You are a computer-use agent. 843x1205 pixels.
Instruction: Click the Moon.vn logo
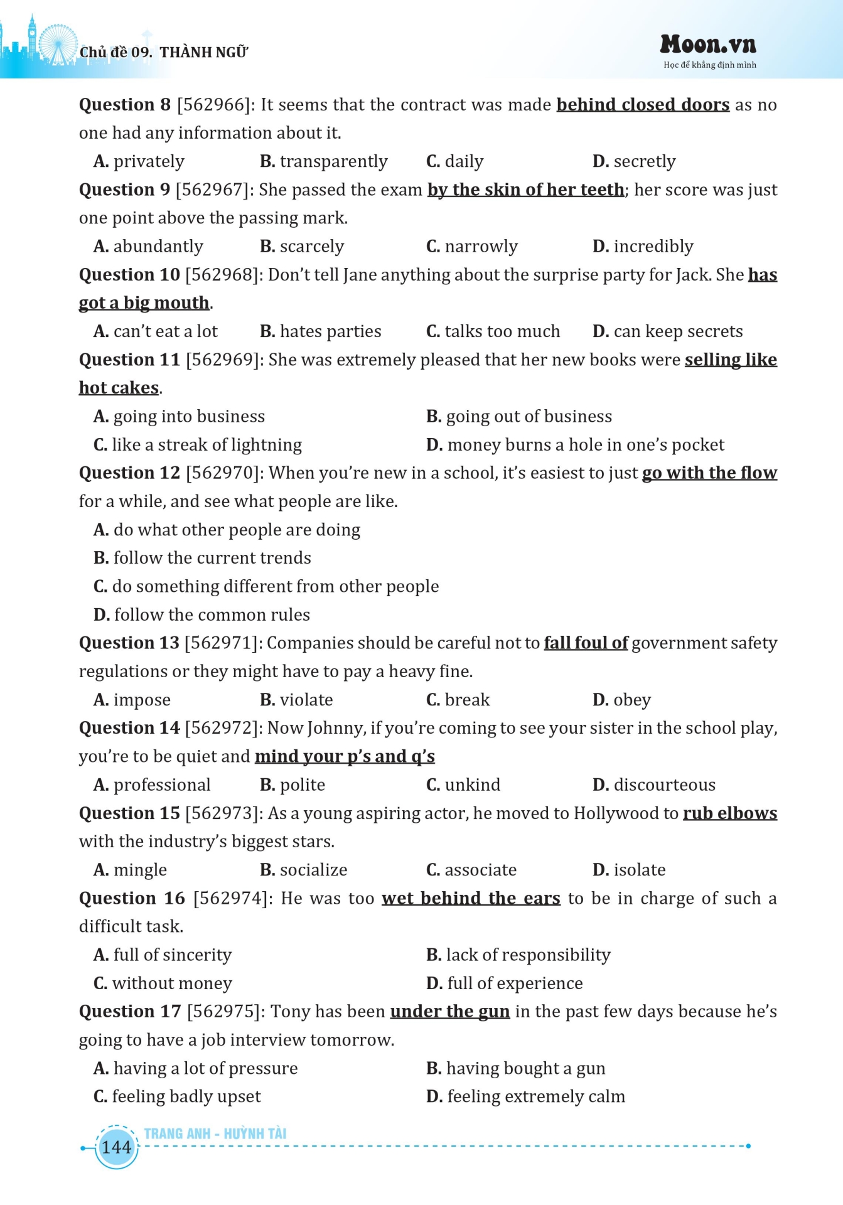pyautogui.click(x=708, y=45)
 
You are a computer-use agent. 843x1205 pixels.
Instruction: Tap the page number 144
pyautogui.click(x=116, y=1147)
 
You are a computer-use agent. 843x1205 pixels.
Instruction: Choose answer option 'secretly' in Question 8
pyautogui.click(x=644, y=161)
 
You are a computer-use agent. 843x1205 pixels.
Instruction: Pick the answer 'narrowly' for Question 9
pyautogui.click(x=481, y=246)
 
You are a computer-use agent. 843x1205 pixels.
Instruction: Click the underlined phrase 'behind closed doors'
pyautogui.click(x=643, y=105)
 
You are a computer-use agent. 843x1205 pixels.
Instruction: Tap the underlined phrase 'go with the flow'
pyautogui.click(x=709, y=473)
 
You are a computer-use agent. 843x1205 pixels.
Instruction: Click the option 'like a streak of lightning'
pyautogui.click(x=207, y=445)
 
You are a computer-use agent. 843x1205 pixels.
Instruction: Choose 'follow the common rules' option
pyautogui.click(x=212, y=614)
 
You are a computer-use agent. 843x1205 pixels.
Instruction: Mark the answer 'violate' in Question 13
pyautogui.click(x=306, y=700)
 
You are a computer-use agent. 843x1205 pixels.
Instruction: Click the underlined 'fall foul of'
pyautogui.click(x=586, y=643)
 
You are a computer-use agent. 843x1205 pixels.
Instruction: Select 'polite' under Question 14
pyautogui.click(x=302, y=785)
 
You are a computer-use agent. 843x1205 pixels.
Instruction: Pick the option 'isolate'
pyautogui.click(x=639, y=870)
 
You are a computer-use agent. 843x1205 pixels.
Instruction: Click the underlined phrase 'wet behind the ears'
pyautogui.click(x=471, y=899)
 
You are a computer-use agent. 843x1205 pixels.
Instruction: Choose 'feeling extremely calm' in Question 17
pyautogui.click(x=536, y=1096)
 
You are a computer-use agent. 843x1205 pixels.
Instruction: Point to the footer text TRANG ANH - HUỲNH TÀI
pyautogui.click(x=215, y=1133)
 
